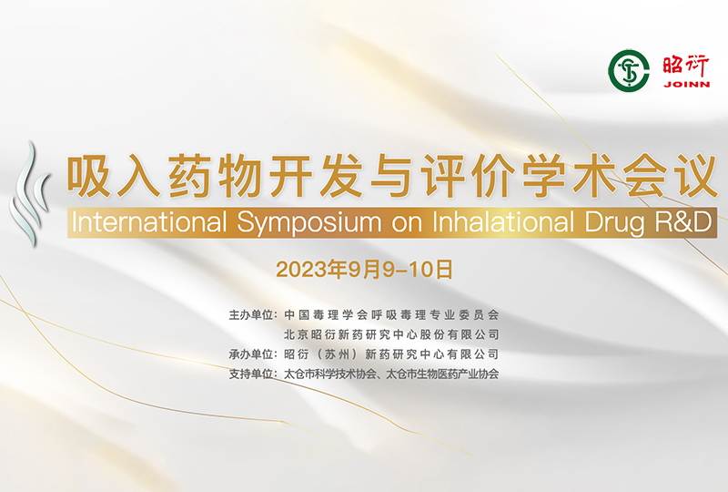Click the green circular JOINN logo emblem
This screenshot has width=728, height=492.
pyautogui.click(x=629, y=71)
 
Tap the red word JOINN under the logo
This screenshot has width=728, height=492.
pyautogui.click(x=687, y=84)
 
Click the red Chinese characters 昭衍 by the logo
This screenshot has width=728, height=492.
pyautogui.click(x=686, y=66)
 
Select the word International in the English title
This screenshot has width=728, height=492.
pyautogui.click(x=149, y=221)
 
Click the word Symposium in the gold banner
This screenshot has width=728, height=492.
pyautogui.click(x=309, y=222)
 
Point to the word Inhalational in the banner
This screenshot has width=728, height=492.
pyautogui.click(x=503, y=221)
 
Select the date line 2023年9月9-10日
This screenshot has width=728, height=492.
pyautogui.click(x=365, y=270)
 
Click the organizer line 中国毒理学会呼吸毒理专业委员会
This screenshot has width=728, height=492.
pyautogui.click(x=391, y=315)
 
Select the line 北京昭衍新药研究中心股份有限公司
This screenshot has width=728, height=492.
pyautogui.click(x=391, y=334)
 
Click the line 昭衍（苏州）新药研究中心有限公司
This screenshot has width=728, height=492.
pyautogui.click(x=391, y=354)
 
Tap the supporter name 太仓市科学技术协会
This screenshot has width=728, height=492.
pyautogui.click(x=330, y=374)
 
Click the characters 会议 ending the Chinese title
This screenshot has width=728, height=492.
pyautogui.click(x=670, y=177)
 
